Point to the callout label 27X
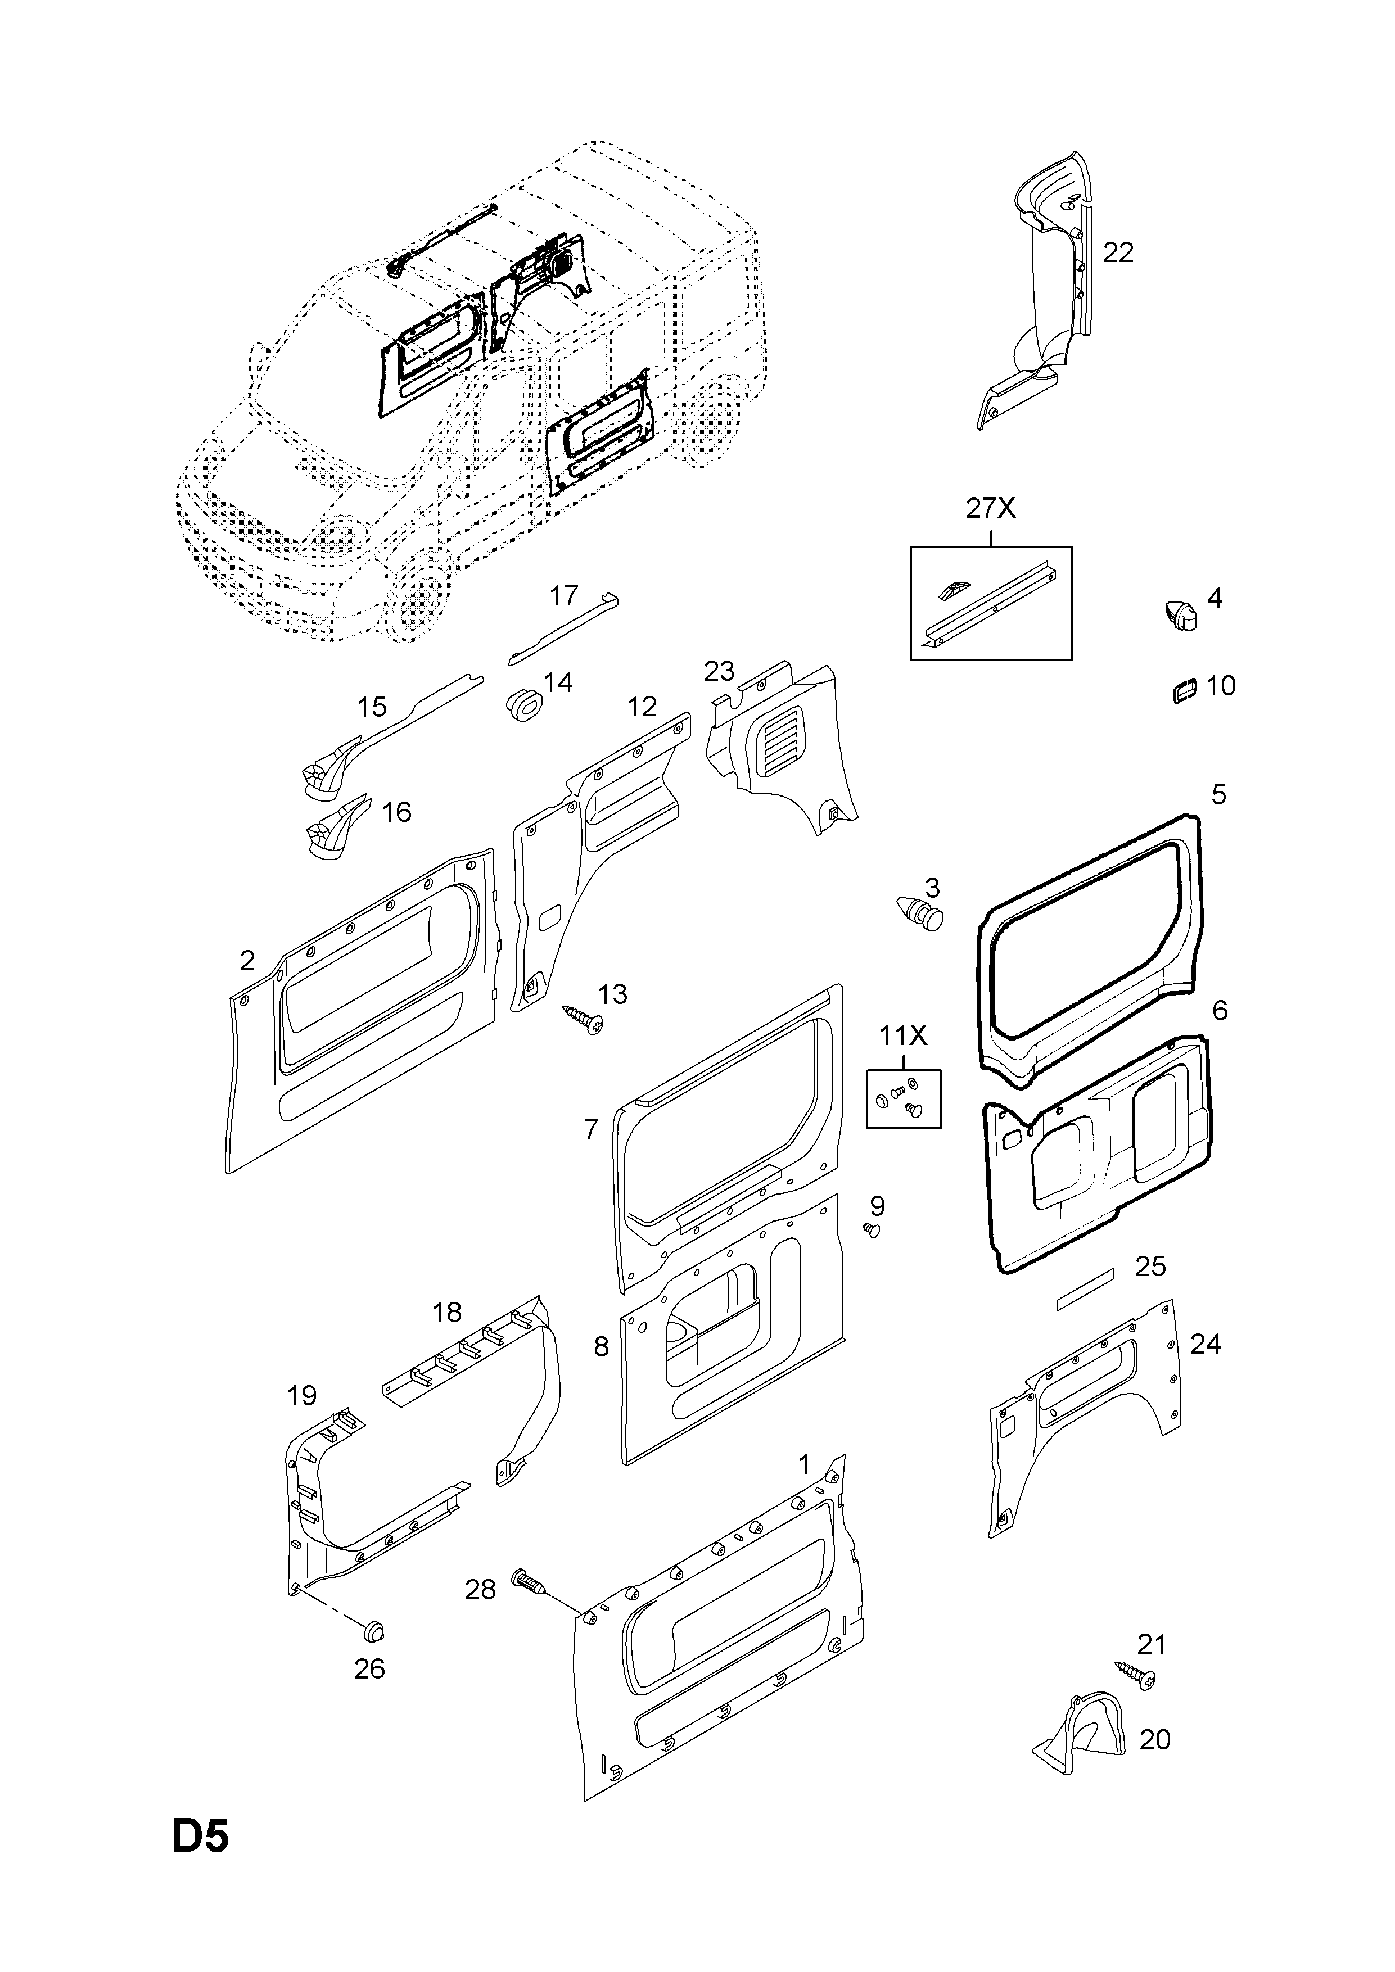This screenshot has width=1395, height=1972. click(x=990, y=509)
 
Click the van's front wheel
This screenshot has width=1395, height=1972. click(x=418, y=599)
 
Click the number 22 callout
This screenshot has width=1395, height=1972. click(x=1118, y=252)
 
